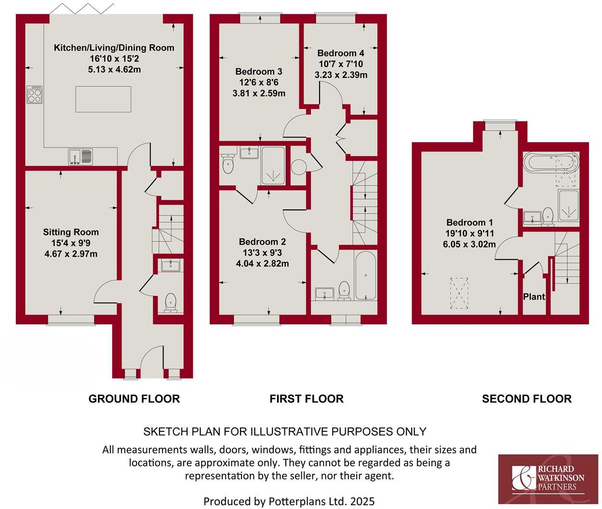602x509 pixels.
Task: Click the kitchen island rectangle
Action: pyautogui.click(x=103, y=99)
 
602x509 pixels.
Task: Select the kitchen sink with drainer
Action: pyautogui.click(x=80, y=156)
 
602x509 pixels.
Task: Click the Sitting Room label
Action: pyautogui.click(x=71, y=232)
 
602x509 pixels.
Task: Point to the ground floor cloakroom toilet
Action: pyautogui.click(x=171, y=302)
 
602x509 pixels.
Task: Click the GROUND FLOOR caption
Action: pyautogui.click(x=134, y=399)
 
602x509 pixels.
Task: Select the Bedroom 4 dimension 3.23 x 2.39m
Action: pyautogui.click(x=341, y=75)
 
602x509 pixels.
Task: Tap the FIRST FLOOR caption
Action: pyautogui.click(x=306, y=399)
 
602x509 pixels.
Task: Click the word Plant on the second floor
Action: pyautogui.click(x=534, y=297)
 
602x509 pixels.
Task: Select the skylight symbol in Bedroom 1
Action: pyautogui.click(x=459, y=293)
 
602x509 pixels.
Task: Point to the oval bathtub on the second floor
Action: pyautogui.click(x=550, y=162)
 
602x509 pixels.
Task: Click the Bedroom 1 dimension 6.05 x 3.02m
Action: pyautogui.click(x=469, y=244)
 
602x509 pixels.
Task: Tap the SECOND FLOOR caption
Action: pyautogui.click(x=526, y=399)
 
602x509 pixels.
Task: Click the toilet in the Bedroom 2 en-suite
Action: pyautogui.click(x=227, y=164)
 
